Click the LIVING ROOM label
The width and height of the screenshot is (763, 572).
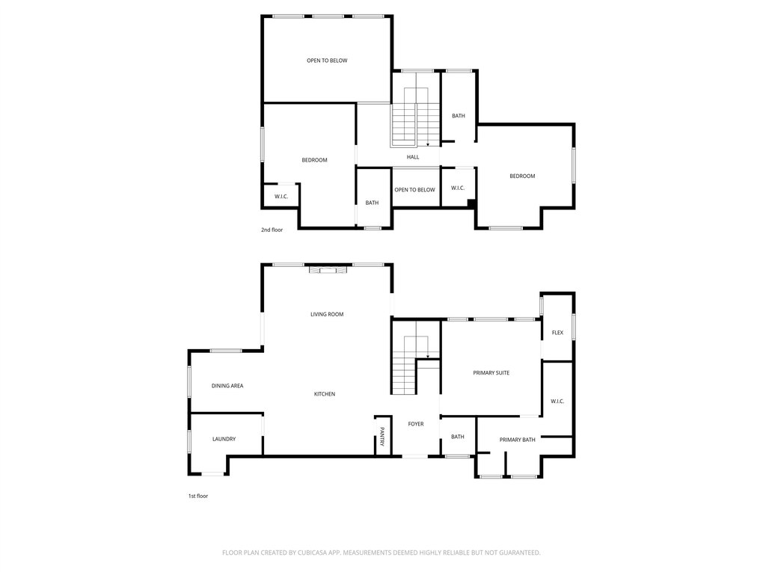pyautogui.click(x=327, y=314)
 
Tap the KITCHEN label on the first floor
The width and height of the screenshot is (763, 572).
pyautogui.click(x=325, y=394)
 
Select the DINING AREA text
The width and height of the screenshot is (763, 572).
pyautogui.click(x=227, y=386)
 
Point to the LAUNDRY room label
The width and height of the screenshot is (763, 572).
pyautogui.click(x=224, y=439)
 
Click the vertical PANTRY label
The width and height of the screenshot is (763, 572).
pyautogui.click(x=382, y=437)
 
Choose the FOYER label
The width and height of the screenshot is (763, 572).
pyautogui.click(x=416, y=424)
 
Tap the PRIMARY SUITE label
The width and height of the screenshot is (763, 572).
pyautogui.click(x=491, y=373)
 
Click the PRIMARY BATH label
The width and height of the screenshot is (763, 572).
pyautogui.click(x=517, y=440)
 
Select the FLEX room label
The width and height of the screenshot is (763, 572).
pyautogui.click(x=557, y=333)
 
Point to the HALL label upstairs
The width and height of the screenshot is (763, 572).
pyautogui.click(x=413, y=157)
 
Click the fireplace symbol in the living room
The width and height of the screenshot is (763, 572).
pyautogui.click(x=328, y=269)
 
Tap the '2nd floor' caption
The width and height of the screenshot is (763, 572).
pyautogui.click(x=272, y=230)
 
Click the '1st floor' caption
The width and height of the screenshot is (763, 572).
pyautogui.click(x=198, y=496)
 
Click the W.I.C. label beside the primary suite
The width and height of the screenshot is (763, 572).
pyautogui.click(x=557, y=402)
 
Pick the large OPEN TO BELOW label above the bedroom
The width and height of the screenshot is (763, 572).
pyautogui.click(x=327, y=61)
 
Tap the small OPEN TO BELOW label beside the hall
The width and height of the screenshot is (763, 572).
pyautogui.click(x=414, y=190)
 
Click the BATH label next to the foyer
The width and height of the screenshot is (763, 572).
pyautogui.click(x=457, y=437)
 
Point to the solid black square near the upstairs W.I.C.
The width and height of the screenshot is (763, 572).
pyautogui.click(x=471, y=203)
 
